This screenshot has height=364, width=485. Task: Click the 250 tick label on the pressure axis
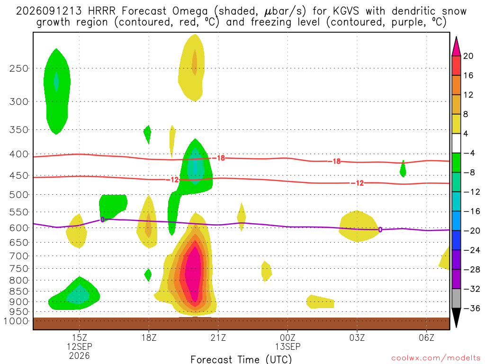(x=19, y=68)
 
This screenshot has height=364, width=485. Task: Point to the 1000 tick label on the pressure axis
(x=16, y=321)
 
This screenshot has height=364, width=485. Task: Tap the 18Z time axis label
(x=149, y=337)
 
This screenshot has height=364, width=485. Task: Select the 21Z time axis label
(x=218, y=337)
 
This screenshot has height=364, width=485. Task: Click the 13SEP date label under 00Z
(x=287, y=346)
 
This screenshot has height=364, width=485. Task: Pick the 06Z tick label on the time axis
(x=427, y=337)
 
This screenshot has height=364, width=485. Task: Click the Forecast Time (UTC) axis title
(x=241, y=360)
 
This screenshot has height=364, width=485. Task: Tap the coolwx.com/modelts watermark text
(x=436, y=358)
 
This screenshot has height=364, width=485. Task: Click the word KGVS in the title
(x=346, y=11)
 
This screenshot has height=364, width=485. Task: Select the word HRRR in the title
(x=102, y=11)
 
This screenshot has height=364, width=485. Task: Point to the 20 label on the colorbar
(x=468, y=56)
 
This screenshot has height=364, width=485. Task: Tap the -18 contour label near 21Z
(x=219, y=158)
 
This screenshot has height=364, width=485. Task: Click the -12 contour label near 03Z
(x=358, y=183)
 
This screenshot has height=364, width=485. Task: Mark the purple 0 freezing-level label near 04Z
(x=380, y=230)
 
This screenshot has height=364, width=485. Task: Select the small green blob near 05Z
(x=403, y=169)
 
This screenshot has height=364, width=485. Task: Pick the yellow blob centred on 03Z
(x=358, y=226)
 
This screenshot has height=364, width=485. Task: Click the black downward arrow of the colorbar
(x=456, y=318)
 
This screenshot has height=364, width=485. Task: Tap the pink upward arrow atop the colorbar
(x=456, y=47)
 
